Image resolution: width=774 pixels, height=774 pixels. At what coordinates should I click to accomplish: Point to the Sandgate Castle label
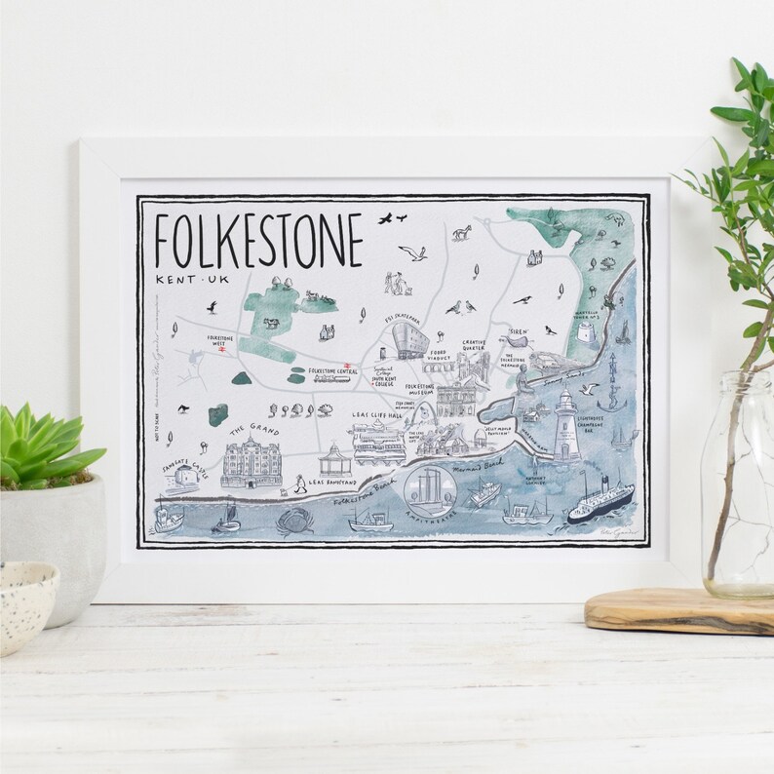click(184, 471)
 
